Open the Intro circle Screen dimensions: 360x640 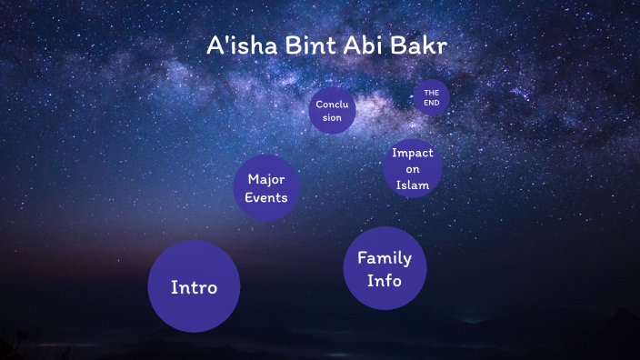click(x=194, y=287)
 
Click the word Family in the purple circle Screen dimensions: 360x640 click(x=384, y=258)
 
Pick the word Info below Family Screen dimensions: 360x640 click(x=384, y=281)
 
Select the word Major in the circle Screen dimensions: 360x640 click(x=266, y=179)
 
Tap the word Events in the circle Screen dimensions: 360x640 click(x=266, y=197)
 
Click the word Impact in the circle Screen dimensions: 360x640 click(x=412, y=153)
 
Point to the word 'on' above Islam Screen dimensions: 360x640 click(x=412, y=169)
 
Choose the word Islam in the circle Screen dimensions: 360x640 click(x=412, y=185)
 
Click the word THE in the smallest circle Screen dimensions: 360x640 click(x=431, y=93)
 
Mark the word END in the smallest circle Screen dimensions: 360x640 click(x=431, y=103)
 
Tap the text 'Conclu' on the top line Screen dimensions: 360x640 click(x=332, y=105)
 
